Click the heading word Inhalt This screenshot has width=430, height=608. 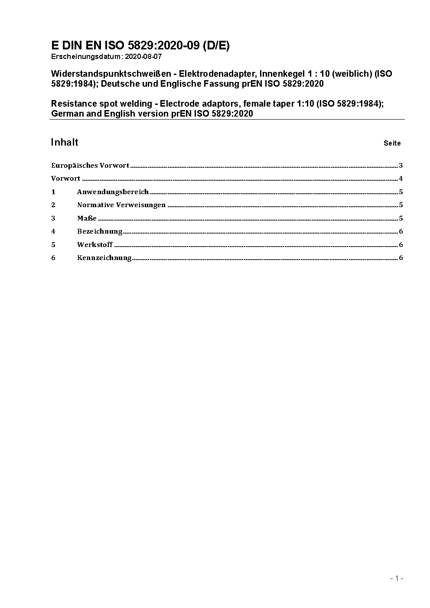[x=65, y=143]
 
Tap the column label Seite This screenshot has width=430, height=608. [x=392, y=143]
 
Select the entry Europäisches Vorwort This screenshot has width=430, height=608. [x=90, y=166]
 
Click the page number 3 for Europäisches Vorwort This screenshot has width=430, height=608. [x=401, y=166]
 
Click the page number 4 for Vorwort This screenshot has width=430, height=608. [x=401, y=179]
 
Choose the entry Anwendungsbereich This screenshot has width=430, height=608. [x=113, y=192]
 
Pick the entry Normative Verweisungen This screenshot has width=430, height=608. [x=121, y=205]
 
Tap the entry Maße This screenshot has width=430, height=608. [x=87, y=218]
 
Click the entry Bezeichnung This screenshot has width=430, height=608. [x=100, y=231]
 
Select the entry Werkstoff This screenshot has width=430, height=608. [x=95, y=245]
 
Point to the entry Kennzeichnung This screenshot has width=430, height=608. [x=104, y=258]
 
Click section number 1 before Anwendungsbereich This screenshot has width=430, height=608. [x=53, y=192]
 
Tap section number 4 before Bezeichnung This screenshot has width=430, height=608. [x=53, y=231]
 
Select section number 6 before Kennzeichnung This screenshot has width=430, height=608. [x=53, y=258]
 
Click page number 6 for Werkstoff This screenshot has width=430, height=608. [x=401, y=245]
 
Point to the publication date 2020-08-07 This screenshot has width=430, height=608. [x=143, y=57]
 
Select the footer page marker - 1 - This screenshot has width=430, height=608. [x=397, y=578]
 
